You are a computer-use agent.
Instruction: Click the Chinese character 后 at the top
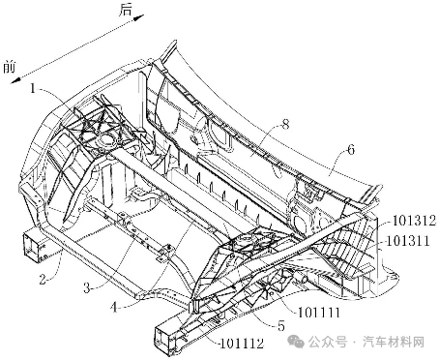[126, 10]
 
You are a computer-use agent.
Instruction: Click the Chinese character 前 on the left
[10, 68]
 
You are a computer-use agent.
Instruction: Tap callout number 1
[33, 88]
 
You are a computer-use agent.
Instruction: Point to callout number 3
[87, 287]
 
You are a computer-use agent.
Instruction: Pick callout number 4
[115, 307]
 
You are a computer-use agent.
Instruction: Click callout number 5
[281, 326]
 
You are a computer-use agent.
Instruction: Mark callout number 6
[351, 149]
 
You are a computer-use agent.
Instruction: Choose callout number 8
[285, 124]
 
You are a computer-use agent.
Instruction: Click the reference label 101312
[414, 221]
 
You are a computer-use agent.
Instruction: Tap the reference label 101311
[408, 241]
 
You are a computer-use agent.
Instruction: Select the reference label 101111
[318, 313]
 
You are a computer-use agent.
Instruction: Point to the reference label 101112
[242, 344]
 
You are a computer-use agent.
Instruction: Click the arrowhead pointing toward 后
[139, 17]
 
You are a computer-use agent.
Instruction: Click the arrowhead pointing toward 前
[15, 80]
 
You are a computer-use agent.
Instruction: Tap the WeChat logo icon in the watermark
[296, 342]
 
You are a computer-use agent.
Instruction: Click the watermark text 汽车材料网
[394, 342]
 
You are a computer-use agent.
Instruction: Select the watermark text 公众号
[328, 342]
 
